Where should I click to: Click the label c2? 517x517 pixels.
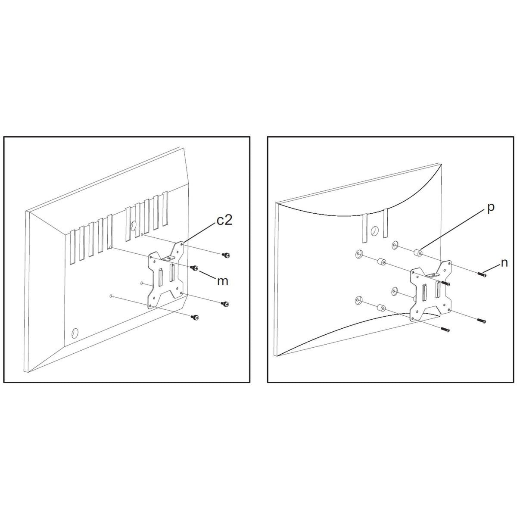click(224, 221)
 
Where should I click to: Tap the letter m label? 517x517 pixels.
click(222, 281)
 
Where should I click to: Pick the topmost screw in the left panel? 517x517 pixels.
click(225, 255)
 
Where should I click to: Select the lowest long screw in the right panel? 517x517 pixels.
click(446, 329)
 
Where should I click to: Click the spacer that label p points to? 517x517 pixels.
click(417, 253)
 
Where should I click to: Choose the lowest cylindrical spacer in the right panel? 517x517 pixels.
click(380, 308)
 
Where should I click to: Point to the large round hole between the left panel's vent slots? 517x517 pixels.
click(133, 225)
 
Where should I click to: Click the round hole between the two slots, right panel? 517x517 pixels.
click(374, 231)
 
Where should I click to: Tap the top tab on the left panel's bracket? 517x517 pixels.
click(168, 258)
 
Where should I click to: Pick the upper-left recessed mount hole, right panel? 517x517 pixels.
click(358, 255)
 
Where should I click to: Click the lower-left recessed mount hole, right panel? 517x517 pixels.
click(358, 299)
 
